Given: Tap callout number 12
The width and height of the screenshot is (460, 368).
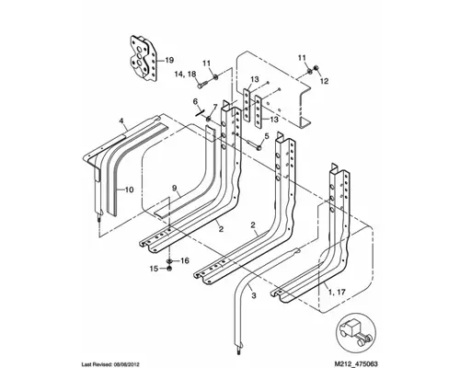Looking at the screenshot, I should point(324,81).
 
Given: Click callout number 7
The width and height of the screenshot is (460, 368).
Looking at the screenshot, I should point(215,109).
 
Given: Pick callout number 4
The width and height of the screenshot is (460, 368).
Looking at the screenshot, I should point(121,121).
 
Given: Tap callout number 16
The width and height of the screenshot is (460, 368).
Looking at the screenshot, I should point(184,260).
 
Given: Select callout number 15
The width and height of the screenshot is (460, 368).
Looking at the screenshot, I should point(155,269).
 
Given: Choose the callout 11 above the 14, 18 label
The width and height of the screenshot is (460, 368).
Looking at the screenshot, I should point(207,63).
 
